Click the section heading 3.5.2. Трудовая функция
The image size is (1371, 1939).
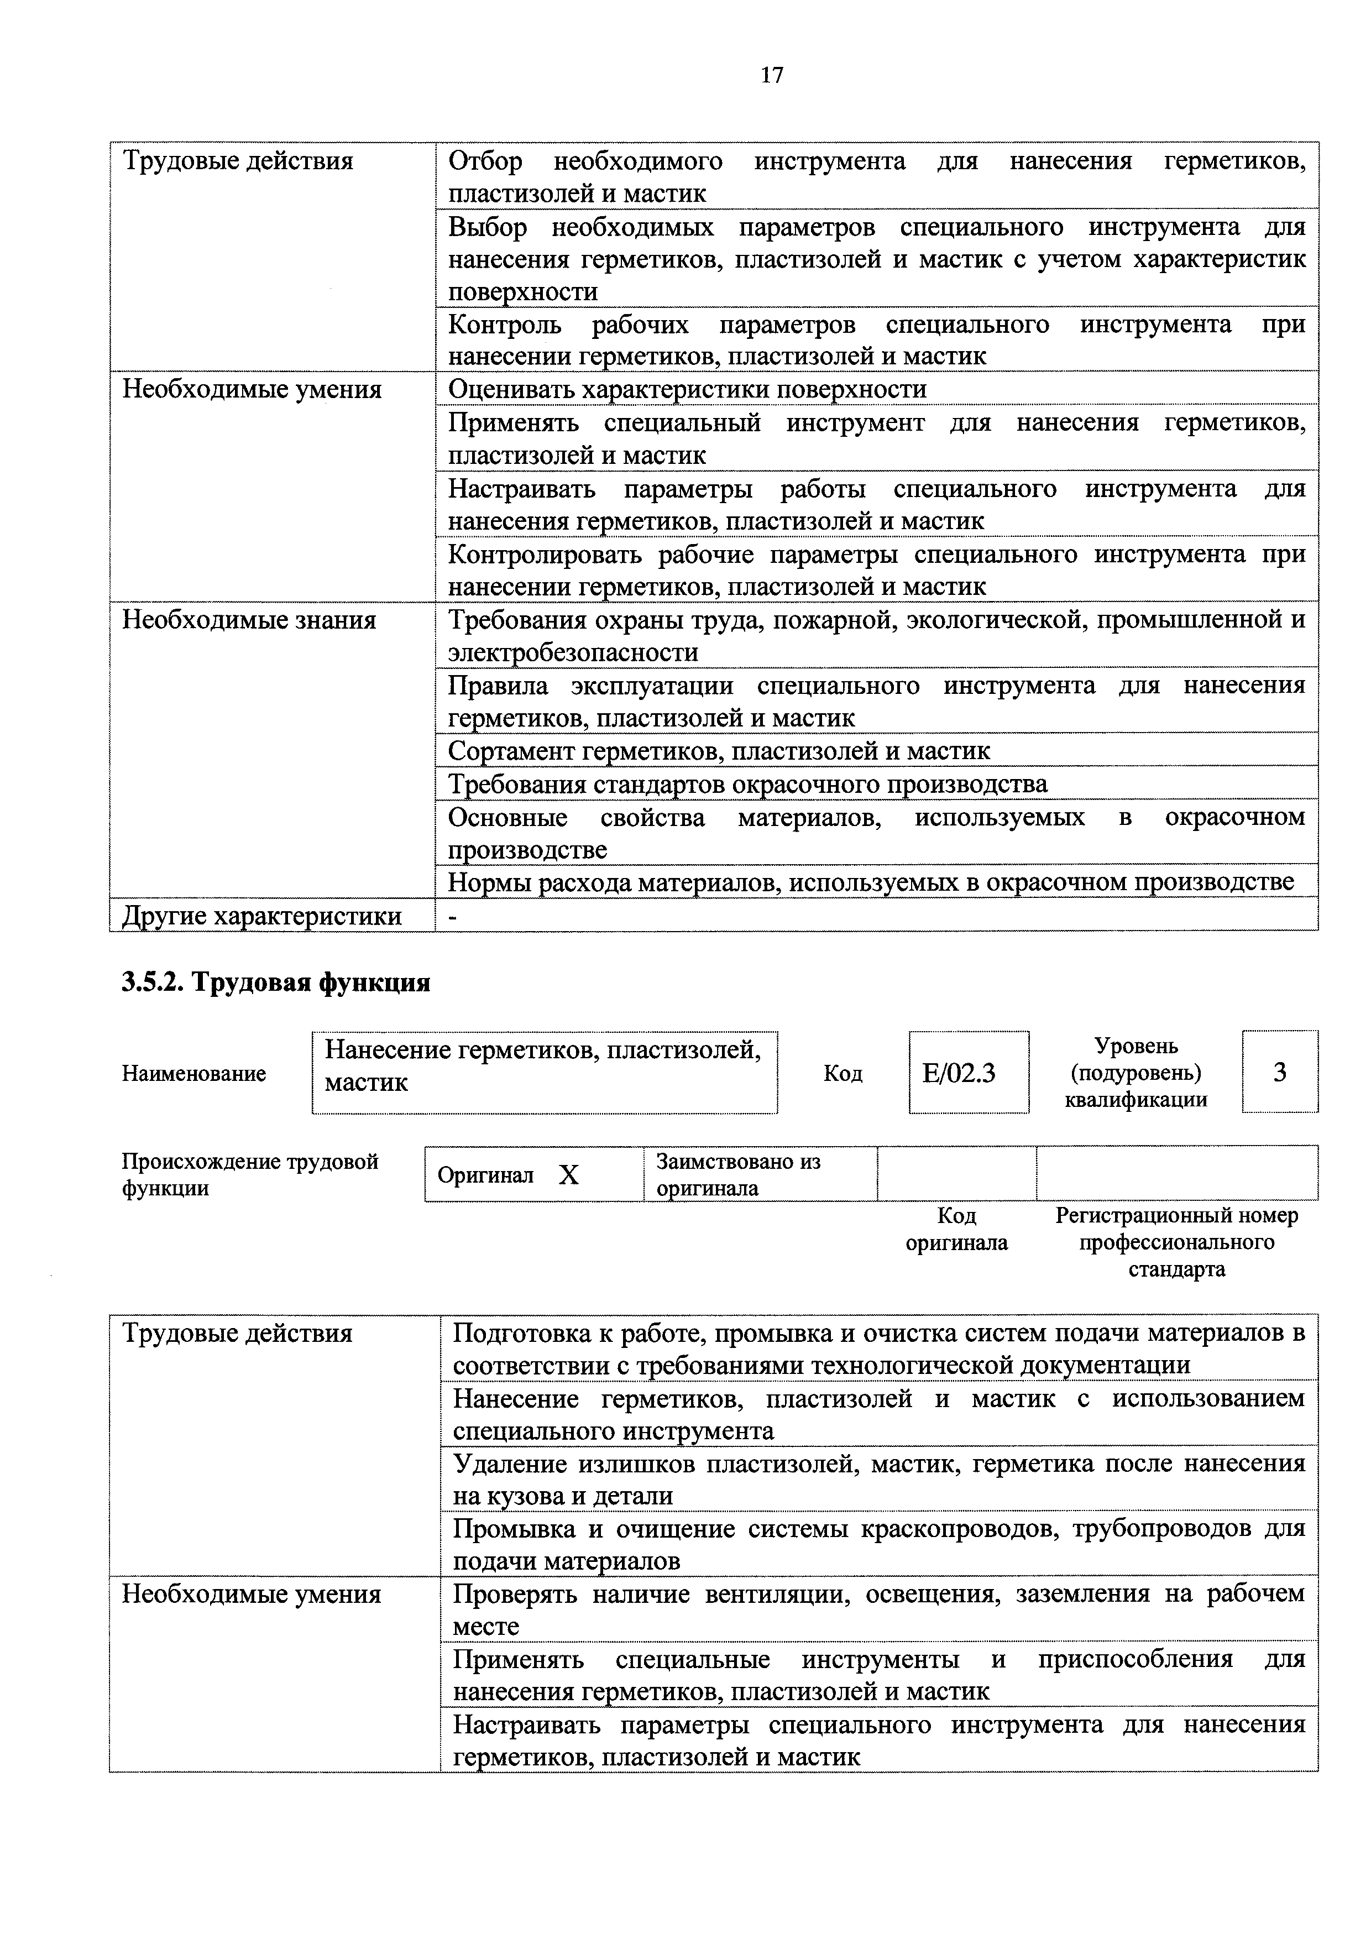point(276,982)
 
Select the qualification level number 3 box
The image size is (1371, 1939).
point(1279,1072)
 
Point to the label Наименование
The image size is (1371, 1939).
point(194,1073)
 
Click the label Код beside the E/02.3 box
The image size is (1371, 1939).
point(843,1073)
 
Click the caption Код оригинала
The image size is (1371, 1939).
point(956,1229)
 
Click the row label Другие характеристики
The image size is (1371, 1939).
point(261,916)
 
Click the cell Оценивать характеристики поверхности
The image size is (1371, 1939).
point(687,389)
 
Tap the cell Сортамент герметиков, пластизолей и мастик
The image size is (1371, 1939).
point(719,751)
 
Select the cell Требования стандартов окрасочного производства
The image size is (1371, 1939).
point(747,783)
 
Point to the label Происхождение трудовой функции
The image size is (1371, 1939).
point(250,1174)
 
